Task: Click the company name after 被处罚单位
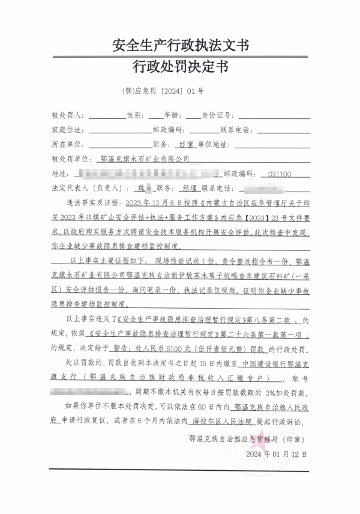[145, 159]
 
